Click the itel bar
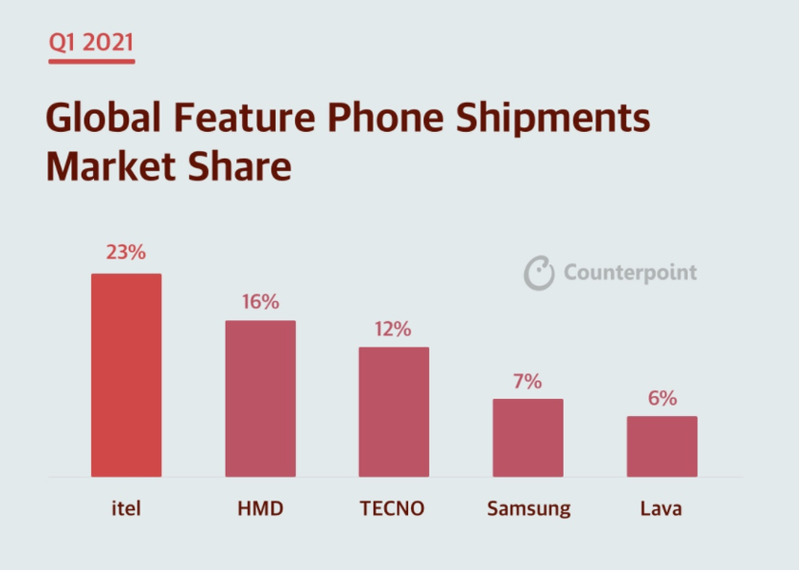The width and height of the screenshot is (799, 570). click(x=126, y=375)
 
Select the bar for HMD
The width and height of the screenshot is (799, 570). click(x=260, y=398)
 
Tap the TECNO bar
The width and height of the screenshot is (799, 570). click(x=394, y=411)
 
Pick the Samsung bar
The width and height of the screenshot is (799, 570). click(x=528, y=437)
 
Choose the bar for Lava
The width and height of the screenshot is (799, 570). click(x=661, y=446)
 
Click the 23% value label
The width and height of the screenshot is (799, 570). click(x=126, y=253)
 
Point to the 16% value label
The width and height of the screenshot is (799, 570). click(x=260, y=302)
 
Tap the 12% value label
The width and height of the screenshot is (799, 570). click(x=394, y=329)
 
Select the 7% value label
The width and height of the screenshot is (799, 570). click(x=528, y=382)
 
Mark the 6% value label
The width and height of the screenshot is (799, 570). click(x=661, y=399)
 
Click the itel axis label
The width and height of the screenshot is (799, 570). click(x=126, y=508)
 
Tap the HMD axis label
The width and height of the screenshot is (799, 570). click(x=260, y=508)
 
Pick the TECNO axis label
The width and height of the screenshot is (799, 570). click(x=392, y=508)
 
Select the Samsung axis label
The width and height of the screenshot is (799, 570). click(x=529, y=509)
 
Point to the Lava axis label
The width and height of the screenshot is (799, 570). click(x=661, y=508)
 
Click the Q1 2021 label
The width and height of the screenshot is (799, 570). click(x=92, y=43)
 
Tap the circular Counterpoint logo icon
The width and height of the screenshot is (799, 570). click(x=539, y=273)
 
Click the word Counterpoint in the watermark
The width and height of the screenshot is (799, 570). click(x=630, y=274)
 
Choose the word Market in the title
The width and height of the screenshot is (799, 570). click(x=106, y=166)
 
